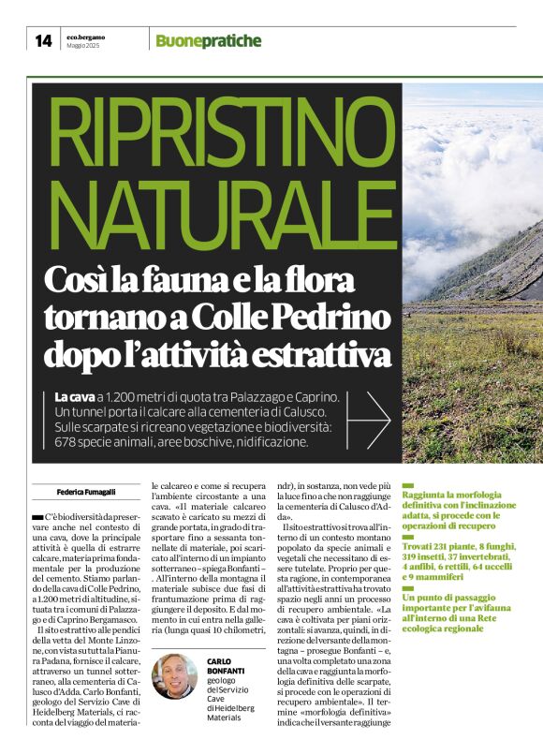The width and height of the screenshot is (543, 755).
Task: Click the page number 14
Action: coord(43,40)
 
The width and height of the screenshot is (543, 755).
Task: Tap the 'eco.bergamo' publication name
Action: coord(85,36)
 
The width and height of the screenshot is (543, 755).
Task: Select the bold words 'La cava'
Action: coord(75,398)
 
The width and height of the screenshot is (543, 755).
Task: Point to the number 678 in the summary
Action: coord(70,440)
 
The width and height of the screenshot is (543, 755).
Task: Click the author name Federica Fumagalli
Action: coord(89,489)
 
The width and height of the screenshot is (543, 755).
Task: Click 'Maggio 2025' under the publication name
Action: coord(83,46)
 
